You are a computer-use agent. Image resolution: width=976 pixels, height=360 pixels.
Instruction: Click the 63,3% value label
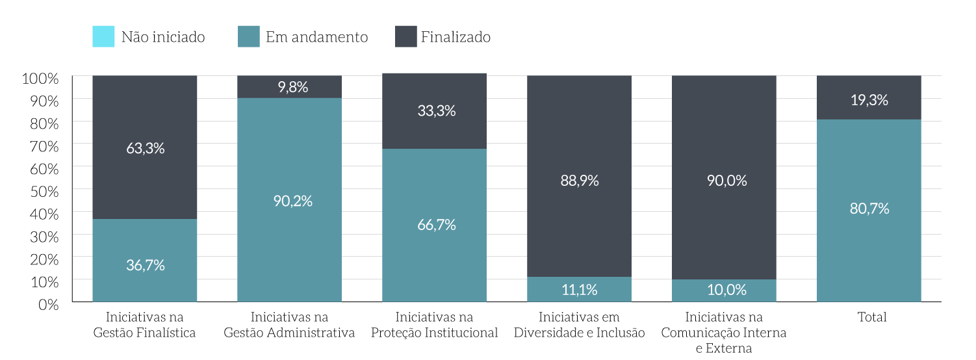pos(145,148)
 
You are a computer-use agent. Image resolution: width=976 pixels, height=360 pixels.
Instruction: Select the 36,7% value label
pos(145,265)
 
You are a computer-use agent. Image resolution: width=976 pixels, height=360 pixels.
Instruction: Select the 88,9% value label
pos(579,181)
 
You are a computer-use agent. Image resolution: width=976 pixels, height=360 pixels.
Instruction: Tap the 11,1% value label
pos(579,290)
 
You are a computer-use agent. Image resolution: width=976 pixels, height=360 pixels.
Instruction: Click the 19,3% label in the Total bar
pos(869,100)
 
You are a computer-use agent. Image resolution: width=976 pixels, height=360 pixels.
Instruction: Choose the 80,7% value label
pos(869,209)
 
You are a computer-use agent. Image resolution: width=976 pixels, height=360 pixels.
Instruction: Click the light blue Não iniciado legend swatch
pos(103,36)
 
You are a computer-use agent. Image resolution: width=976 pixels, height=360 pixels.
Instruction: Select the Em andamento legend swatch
pos(248,36)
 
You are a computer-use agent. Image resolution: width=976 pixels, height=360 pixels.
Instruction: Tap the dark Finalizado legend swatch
pos(405,36)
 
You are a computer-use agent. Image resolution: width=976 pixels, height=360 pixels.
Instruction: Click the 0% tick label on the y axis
pos(48,303)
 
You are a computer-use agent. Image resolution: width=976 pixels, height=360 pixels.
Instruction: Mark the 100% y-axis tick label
pos(40,79)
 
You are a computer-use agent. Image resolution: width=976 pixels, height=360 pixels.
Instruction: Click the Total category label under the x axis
pos(871,317)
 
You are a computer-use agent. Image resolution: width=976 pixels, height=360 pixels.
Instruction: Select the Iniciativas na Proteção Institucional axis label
pos(434,325)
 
